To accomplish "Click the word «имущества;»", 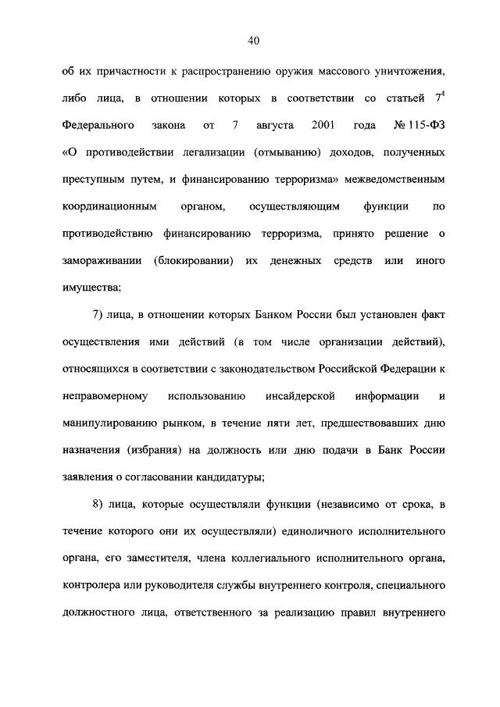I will click(x=91, y=286).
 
